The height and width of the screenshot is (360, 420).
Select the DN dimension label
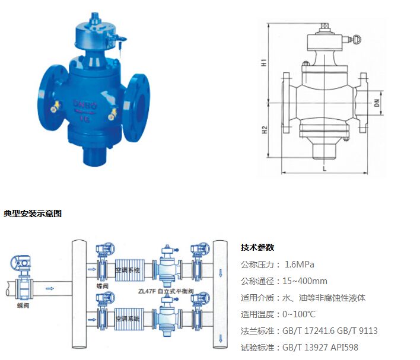point(376,103)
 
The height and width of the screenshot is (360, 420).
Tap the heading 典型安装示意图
point(33,213)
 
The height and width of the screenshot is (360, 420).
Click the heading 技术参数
point(257,247)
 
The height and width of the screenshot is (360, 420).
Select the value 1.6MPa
point(300,264)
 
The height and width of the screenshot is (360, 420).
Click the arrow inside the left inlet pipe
point(50,289)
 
